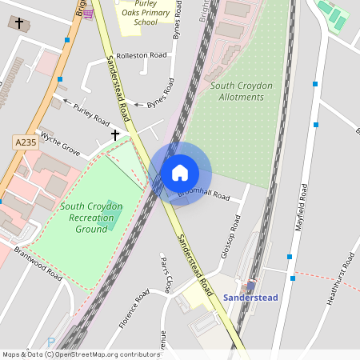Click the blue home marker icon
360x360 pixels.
180,172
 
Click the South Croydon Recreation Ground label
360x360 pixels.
91,218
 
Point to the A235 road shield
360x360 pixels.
25,142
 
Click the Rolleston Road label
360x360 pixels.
142,55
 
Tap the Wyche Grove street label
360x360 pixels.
60,144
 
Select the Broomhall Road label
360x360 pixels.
203,195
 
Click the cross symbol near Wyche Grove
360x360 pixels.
115,135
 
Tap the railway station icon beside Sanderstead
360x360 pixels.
251,286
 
